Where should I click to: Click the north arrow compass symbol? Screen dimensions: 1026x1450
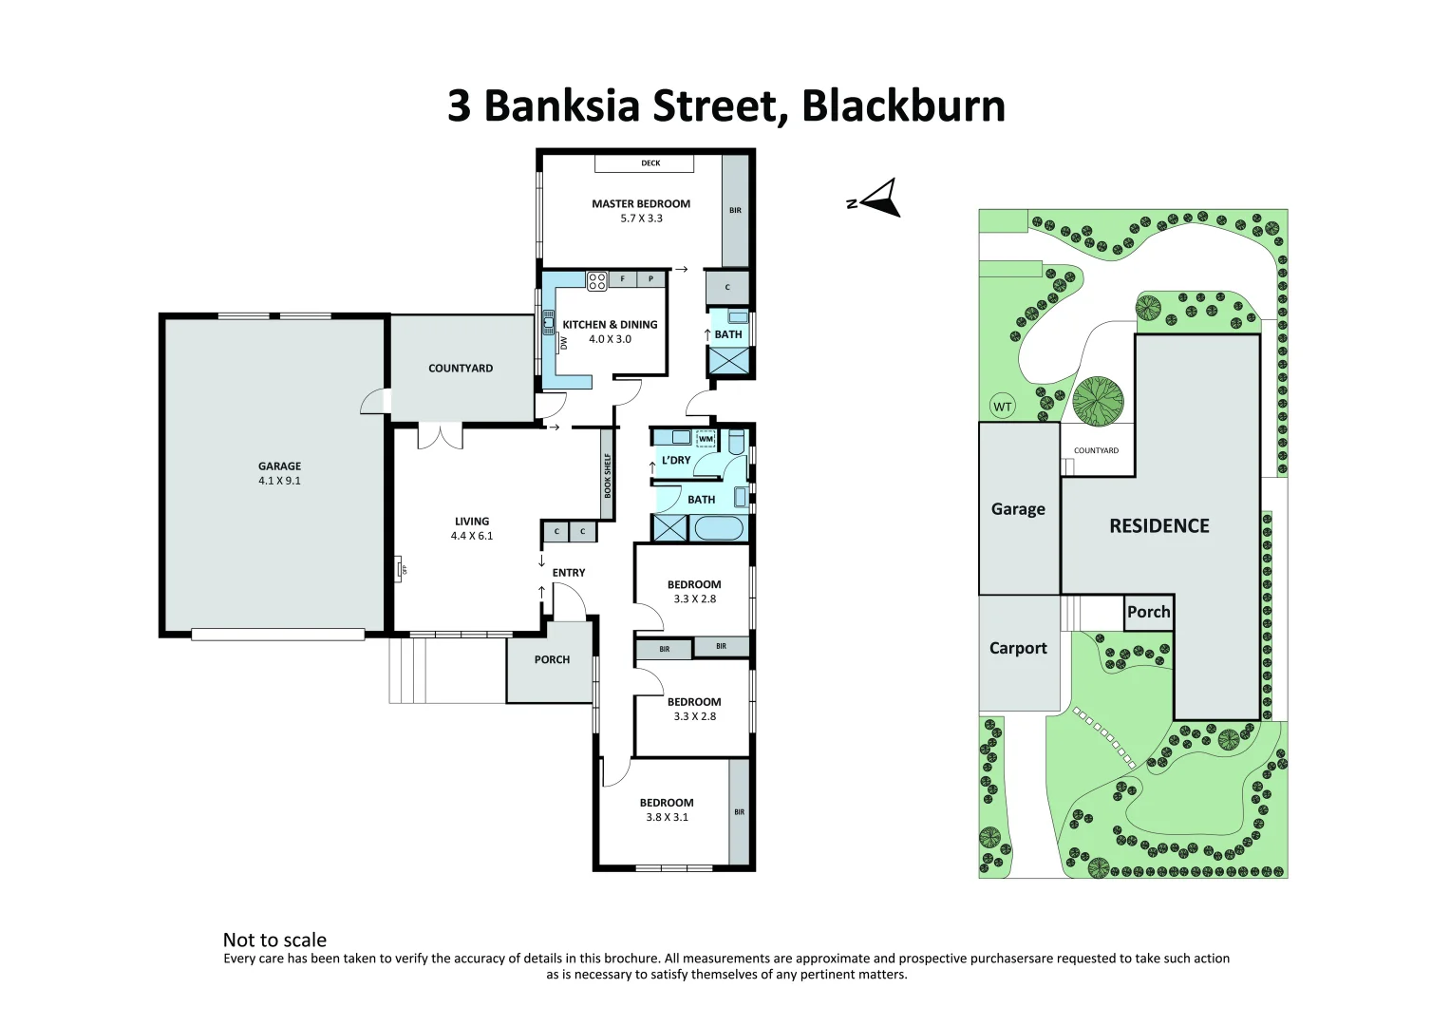879,198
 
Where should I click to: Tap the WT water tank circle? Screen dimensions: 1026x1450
1003,407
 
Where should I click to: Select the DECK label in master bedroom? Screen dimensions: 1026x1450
650,163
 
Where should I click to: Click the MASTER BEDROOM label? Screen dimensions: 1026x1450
641,203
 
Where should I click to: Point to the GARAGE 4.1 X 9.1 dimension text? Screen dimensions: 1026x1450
279,481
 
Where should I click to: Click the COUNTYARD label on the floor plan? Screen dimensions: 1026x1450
461,369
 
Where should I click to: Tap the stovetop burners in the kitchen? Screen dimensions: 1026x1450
596,280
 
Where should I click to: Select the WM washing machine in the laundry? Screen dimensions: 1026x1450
706,439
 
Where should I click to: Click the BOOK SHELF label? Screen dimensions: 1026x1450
608,475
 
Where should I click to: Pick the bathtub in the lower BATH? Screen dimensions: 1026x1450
719,528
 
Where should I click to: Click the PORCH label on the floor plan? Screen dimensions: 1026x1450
552,659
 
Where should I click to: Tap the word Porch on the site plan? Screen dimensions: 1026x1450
1148,612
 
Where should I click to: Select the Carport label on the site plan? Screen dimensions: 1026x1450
1018,648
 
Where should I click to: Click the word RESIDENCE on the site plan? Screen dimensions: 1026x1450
1159,526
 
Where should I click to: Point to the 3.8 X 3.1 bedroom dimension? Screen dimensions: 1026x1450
667,817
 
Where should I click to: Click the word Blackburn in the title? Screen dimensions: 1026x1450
903,105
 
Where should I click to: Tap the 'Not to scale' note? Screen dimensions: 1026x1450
274,940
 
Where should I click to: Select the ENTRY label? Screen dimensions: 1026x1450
569,573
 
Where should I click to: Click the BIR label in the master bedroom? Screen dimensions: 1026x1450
735,211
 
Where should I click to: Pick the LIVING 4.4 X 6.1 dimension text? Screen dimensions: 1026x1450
472,536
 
